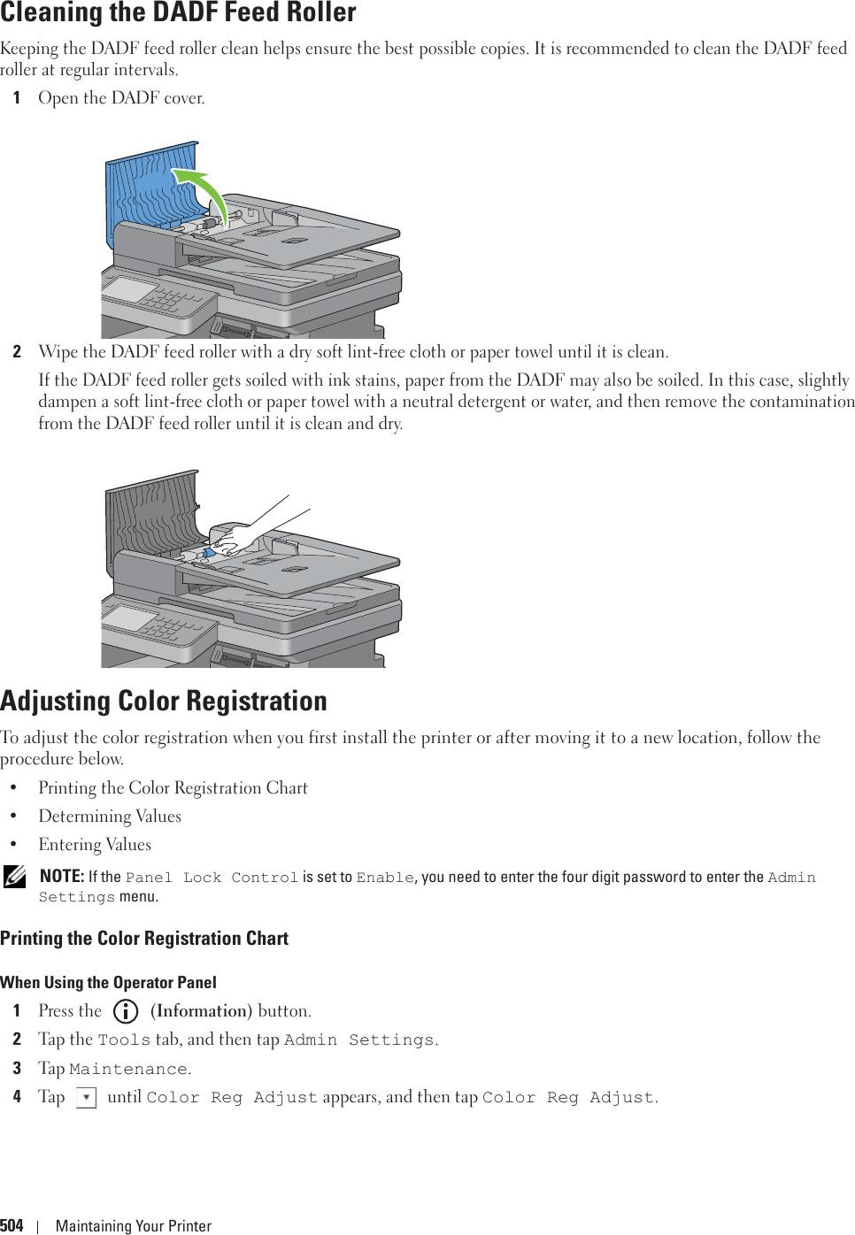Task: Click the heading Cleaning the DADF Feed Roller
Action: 178,13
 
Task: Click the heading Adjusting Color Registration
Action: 164,701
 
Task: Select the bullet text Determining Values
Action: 110,817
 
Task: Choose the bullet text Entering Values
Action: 95,845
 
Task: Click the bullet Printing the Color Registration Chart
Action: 173,788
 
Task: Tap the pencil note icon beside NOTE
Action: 14,878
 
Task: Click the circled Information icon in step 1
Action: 127,1011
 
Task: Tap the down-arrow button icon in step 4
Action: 86,1098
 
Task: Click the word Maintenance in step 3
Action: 128,1070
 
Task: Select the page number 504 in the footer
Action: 12,1225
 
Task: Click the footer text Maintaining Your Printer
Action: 134,1225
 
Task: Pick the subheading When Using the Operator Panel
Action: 108,982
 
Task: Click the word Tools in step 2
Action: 124,1040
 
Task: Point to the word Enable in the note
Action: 385,878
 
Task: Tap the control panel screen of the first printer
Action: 131,289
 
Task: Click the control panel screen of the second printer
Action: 131,617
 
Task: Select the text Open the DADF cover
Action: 121,98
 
